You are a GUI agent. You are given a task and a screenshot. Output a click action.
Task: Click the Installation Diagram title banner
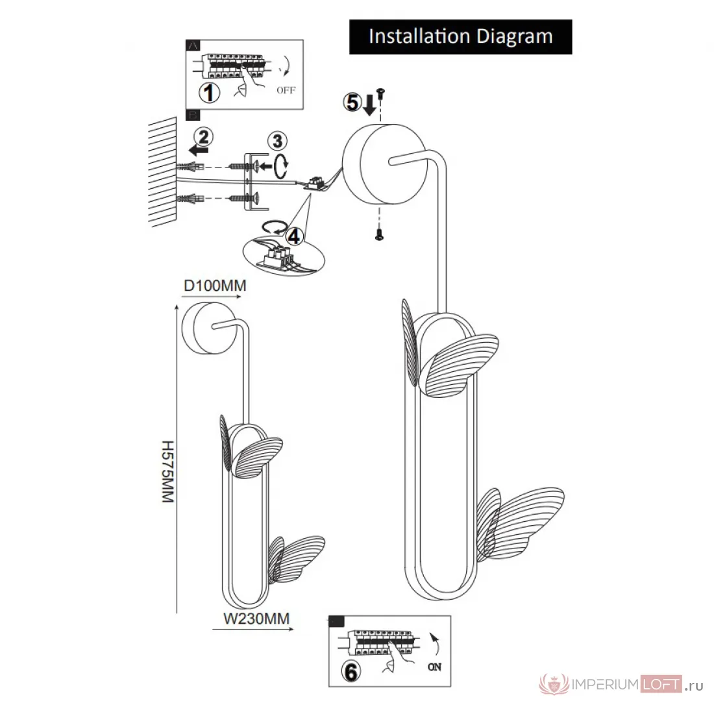[x=460, y=37]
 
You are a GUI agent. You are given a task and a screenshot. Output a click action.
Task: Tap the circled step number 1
[x=209, y=93]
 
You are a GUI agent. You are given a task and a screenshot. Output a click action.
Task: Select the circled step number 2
[x=204, y=136]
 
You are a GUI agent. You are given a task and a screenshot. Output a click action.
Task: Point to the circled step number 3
[x=277, y=141]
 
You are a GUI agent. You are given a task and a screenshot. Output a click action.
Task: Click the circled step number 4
[x=293, y=236]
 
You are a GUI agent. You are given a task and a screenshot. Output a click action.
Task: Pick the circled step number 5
[x=352, y=102]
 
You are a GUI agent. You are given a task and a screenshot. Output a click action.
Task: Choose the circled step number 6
[x=351, y=672]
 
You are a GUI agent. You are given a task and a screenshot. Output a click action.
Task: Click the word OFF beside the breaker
[x=286, y=90]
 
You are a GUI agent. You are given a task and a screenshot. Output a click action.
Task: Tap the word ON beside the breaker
[x=434, y=667]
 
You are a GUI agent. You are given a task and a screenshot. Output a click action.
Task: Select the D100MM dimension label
[x=215, y=286]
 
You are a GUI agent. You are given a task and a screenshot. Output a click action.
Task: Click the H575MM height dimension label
[x=168, y=471]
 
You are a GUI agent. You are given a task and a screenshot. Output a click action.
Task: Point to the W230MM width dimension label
[x=256, y=619]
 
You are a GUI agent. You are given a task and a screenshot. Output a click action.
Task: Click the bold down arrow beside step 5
[x=369, y=104]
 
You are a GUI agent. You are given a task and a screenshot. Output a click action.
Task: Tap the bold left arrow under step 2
[x=199, y=151]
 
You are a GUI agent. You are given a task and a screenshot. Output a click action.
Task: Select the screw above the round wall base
[x=380, y=94]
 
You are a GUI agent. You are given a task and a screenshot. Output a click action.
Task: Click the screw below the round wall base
[x=379, y=234]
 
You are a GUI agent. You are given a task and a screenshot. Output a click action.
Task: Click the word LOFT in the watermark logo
[x=661, y=684]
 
